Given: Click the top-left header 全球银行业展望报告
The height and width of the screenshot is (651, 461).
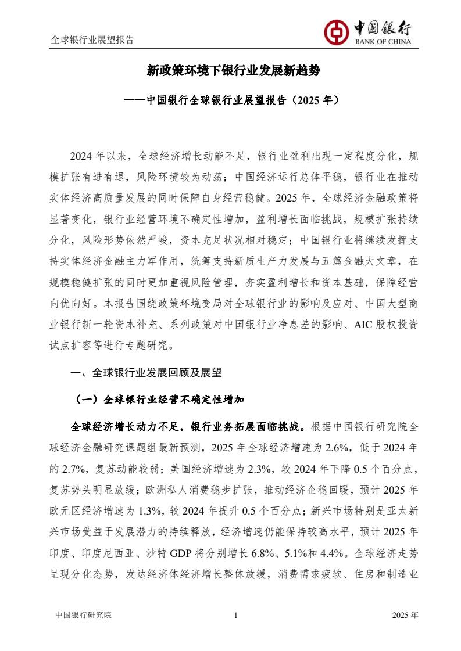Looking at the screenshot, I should [92, 40].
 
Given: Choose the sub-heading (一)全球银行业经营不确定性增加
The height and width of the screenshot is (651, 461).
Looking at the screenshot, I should [160, 400].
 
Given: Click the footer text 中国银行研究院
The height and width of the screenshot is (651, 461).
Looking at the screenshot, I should [82, 616].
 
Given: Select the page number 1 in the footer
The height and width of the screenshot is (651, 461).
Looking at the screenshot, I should [235, 616].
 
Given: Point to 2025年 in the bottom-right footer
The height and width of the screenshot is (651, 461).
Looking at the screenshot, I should [405, 616].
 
